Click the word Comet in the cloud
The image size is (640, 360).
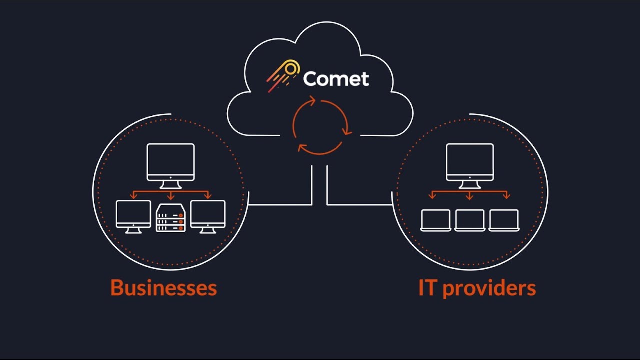[336, 79]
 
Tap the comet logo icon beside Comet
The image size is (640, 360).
[283, 75]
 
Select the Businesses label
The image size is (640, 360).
[163, 288]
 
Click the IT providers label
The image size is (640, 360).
[477, 288]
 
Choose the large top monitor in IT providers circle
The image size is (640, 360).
[469, 162]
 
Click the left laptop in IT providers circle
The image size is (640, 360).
[436, 220]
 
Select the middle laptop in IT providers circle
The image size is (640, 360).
[470, 220]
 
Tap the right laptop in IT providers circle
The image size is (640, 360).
[504, 220]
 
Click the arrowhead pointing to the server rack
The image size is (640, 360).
[171, 197]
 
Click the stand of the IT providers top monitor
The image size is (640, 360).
[469, 185]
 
